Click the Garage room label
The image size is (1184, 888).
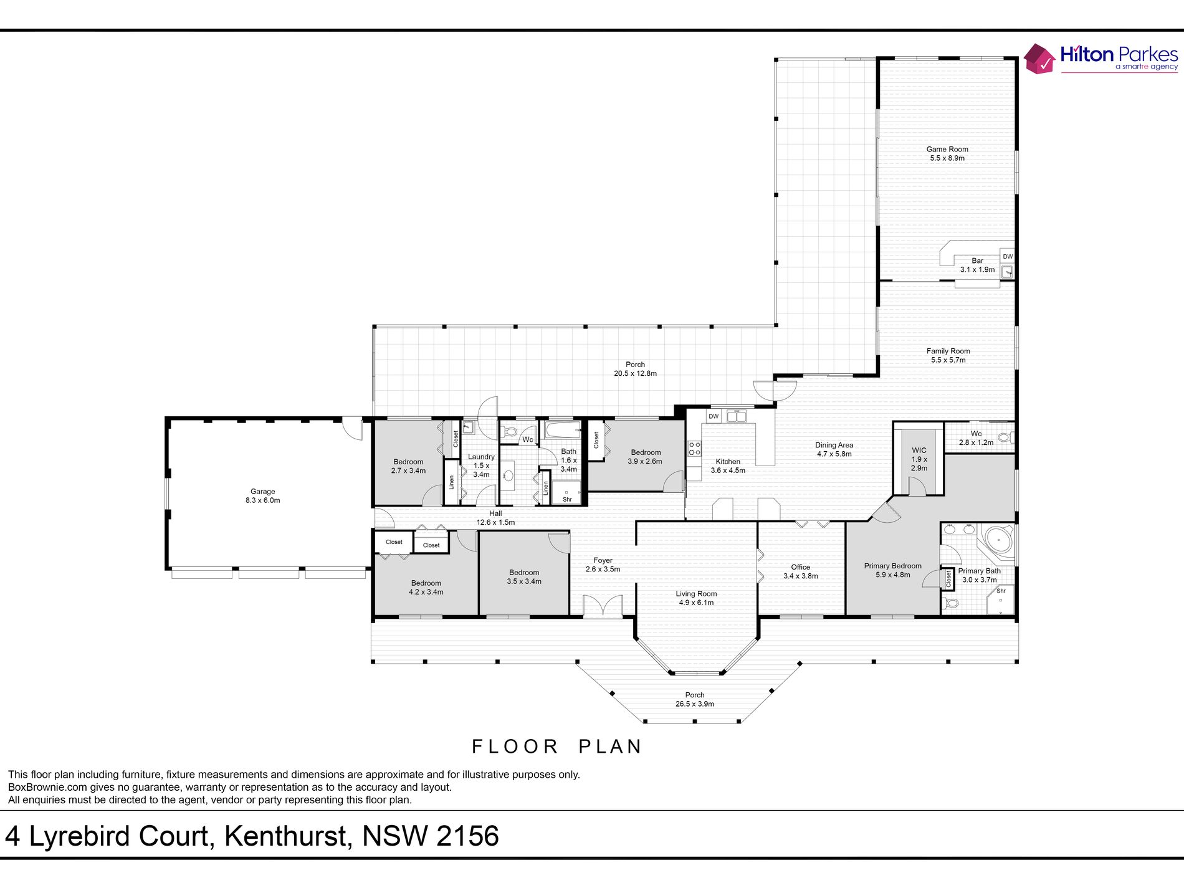[x=262, y=492]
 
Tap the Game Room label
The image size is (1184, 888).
[x=947, y=149]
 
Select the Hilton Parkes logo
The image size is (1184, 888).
[x=1101, y=58]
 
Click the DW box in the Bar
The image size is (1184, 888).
[x=1007, y=256]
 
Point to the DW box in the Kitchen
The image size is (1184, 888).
[x=714, y=416]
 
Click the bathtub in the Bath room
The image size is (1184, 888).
[x=562, y=430]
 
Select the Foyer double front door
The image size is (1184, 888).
[x=603, y=606]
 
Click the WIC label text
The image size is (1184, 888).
[x=919, y=450]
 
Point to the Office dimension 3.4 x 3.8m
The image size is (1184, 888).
[x=801, y=576]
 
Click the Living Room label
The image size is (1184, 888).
[x=696, y=594]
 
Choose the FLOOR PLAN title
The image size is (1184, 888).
[x=557, y=747]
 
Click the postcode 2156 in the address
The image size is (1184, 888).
[x=467, y=836]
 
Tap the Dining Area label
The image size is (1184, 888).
[x=834, y=445]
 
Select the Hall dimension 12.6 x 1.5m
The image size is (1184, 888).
[x=495, y=522]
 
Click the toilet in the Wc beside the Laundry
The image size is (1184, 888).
[x=510, y=431]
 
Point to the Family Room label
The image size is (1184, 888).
[x=948, y=351]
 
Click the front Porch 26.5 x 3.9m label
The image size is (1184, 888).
[x=694, y=699]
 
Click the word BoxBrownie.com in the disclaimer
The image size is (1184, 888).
[x=47, y=787]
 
